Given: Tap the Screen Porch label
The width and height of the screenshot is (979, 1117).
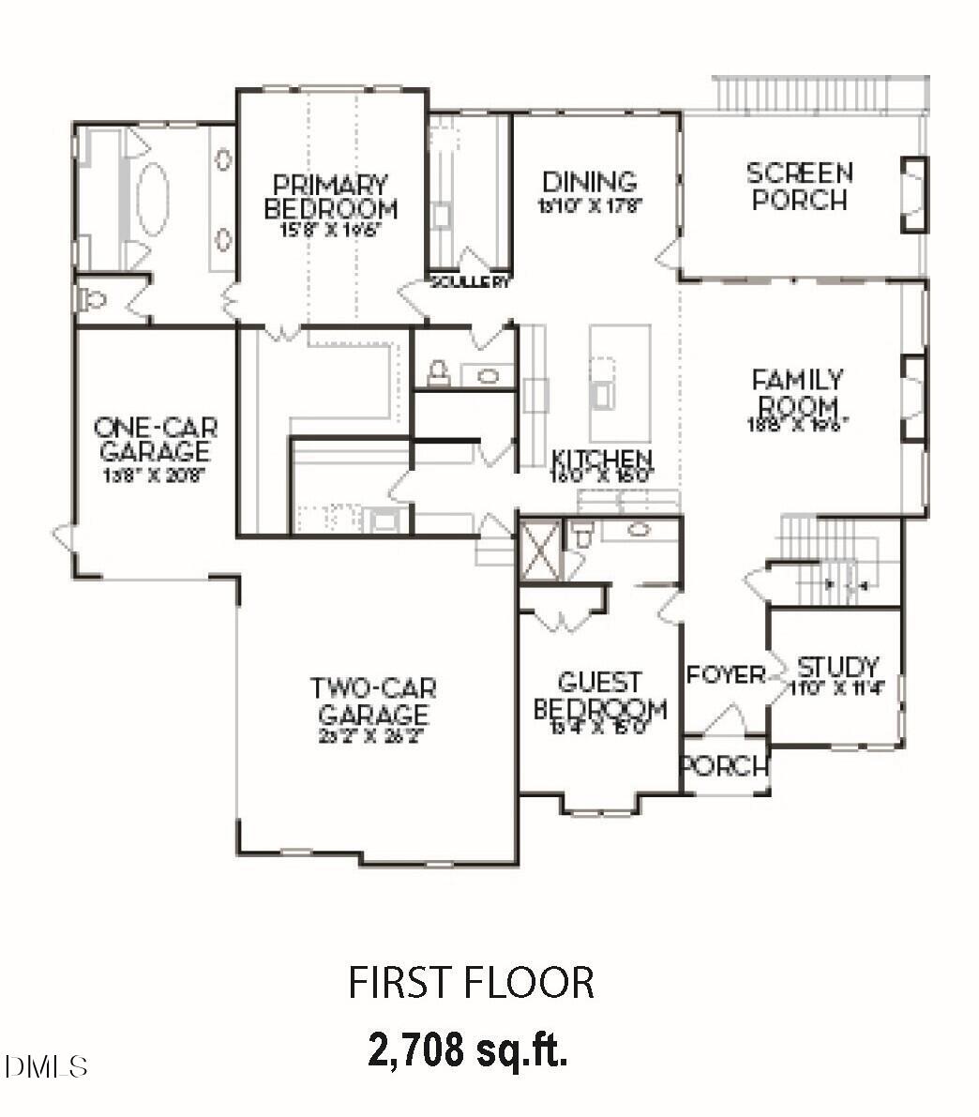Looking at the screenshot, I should click(x=799, y=187).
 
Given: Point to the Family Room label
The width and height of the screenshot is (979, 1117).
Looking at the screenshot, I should click(x=798, y=394).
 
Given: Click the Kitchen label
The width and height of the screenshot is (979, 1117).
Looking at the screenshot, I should click(x=601, y=460).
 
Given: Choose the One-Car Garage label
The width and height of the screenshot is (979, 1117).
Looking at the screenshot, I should click(x=155, y=440).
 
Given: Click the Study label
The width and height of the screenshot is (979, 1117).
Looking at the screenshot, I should click(x=837, y=669).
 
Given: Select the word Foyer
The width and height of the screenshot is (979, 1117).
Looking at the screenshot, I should click(x=726, y=675).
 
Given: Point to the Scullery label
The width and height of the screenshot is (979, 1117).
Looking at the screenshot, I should click(x=470, y=281).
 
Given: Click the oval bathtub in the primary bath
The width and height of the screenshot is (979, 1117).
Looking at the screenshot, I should click(x=152, y=197).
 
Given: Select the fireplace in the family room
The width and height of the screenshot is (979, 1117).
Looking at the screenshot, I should click(x=912, y=398).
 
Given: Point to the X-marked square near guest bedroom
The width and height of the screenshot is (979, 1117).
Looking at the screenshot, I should click(x=540, y=551).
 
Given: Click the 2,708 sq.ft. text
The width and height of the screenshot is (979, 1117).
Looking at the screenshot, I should click(x=468, y=1049).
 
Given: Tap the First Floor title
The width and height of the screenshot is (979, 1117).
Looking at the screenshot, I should click(x=471, y=982).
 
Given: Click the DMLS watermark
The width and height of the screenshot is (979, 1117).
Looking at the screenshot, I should click(x=45, y=1066).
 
